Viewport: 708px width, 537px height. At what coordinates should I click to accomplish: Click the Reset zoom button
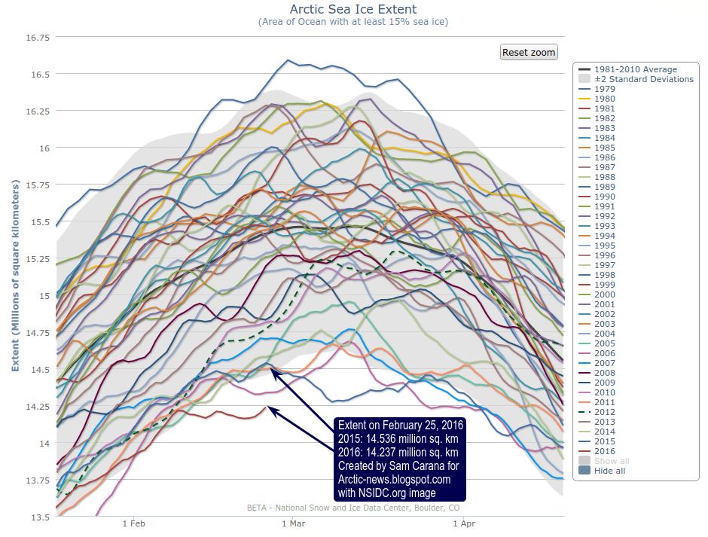[529, 52]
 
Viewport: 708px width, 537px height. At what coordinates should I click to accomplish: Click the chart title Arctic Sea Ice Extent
[353, 9]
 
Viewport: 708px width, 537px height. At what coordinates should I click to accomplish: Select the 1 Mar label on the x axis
[293, 523]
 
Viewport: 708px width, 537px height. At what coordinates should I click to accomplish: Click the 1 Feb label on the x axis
[133, 523]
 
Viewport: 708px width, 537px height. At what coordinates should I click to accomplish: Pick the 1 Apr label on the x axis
[464, 523]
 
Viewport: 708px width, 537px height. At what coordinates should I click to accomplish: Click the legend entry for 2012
[604, 412]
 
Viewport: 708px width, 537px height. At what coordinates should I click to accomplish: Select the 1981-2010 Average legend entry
[635, 69]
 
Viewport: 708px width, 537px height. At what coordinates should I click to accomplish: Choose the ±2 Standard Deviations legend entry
[643, 79]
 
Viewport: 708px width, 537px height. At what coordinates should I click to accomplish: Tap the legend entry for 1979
[604, 89]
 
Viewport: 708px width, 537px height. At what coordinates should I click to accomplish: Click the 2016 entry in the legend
[604, 451]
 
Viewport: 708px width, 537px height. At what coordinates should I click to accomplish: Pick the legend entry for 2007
[604, 363]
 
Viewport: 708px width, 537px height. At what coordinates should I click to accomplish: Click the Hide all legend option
[609, 471]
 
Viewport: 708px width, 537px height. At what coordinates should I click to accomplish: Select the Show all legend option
[611, 461]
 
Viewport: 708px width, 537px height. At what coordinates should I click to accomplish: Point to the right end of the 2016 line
[267, 407]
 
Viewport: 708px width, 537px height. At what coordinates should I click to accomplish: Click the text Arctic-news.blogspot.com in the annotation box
[394, 479]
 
